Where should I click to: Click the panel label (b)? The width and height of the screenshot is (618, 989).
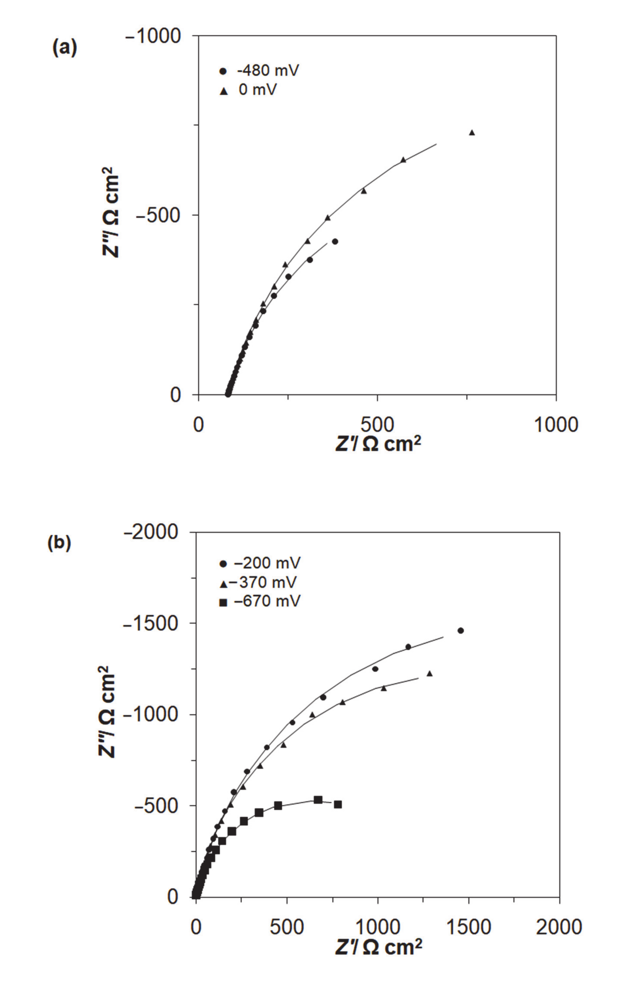(59, 543)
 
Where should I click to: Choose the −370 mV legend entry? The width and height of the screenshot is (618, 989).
(258, 582)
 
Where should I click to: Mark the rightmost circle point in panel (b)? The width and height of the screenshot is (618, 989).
(461, 630)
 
